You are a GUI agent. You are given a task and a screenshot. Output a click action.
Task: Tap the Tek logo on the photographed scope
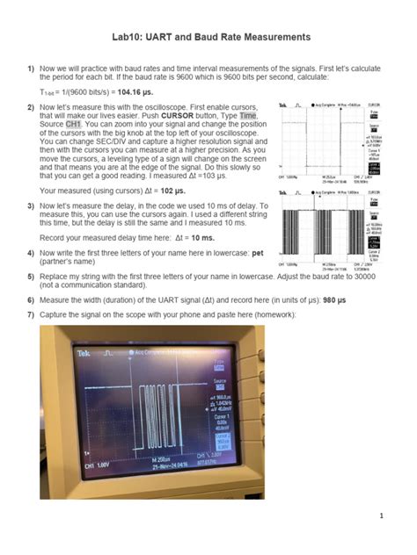pos(85,353)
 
